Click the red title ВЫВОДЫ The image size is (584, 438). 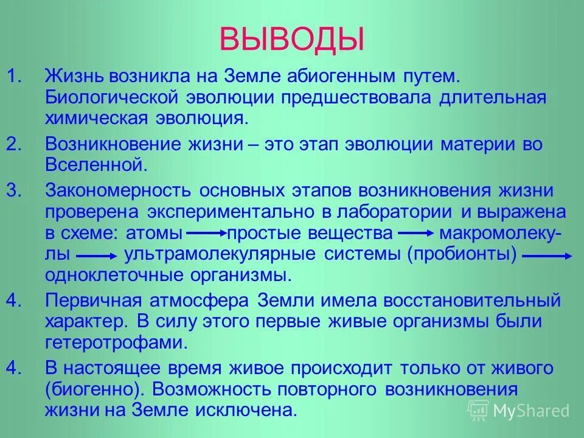291,38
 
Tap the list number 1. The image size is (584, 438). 15,78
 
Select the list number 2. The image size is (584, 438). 15,145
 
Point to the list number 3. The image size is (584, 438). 15,191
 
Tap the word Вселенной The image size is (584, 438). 96,165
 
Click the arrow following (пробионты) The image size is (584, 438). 547,256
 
